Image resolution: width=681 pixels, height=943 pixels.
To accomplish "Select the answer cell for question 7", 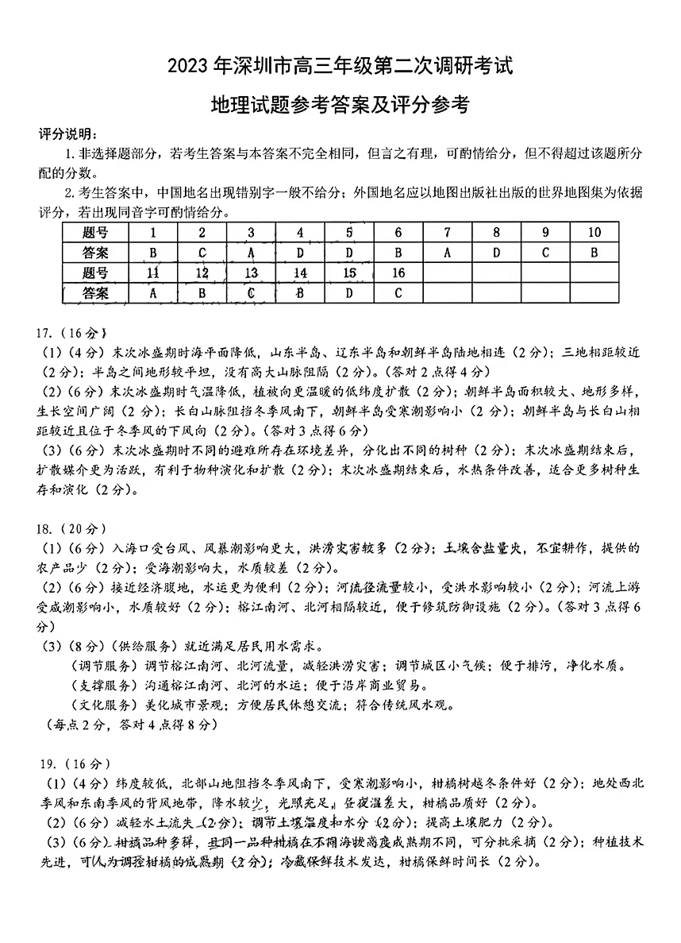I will pos(447,253).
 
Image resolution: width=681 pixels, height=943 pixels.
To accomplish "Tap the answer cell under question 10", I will pos(593,253).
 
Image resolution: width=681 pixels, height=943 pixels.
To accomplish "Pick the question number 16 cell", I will pos(398,273).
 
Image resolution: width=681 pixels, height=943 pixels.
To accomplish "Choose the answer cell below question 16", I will pos(398,293).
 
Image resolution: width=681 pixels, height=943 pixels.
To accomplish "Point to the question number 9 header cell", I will pos(545,233).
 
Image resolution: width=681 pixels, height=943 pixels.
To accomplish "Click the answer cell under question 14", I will pos(300,293).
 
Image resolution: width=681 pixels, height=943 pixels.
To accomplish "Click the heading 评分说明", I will pos(68,131).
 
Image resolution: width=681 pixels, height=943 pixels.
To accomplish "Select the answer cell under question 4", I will pos(300,253).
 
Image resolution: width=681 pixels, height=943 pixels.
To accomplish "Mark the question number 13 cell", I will pos(251,273).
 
